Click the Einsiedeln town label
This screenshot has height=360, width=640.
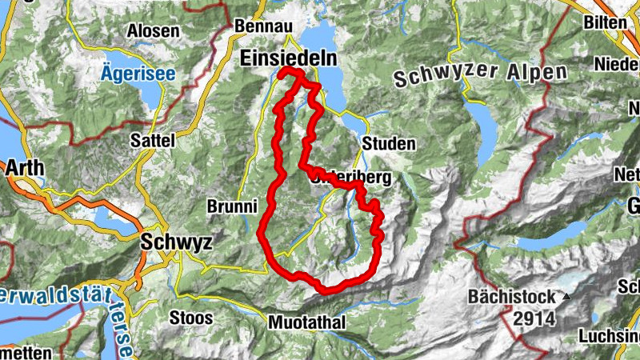pyautogui.click(x=290, y=58)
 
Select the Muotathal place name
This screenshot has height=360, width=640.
pyautogui.click(x=307, y=322)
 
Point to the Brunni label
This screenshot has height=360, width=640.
pyautogui.click(x=231, y=206)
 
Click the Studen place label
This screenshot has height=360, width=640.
pyautogui.click(x=389, y=144)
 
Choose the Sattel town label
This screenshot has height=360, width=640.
pyautogui.click(x=152, y=140)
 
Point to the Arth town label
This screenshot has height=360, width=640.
pyautogui.click(x=25, y=169)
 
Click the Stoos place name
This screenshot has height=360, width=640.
pyautogui.click(x=191, y=318)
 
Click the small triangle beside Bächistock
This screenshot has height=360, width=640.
pyautogui.click(x=567, y=297)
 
